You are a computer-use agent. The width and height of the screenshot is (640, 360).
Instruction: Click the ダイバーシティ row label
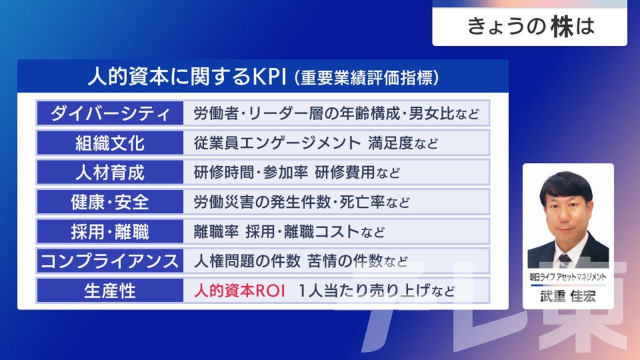click(x=110, y=113)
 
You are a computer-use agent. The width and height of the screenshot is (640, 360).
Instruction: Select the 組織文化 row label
click(x=110, y=143)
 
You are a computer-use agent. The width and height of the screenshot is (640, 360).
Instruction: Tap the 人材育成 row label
click(x=110, y=172)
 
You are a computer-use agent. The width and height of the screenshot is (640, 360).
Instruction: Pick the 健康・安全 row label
click(x=110, y=202)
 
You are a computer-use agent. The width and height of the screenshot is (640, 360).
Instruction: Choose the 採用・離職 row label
click(x=110, y=231)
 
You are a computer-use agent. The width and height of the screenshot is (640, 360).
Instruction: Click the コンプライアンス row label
click(x=110, y=261)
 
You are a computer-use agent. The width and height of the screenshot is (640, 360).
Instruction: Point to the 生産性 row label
click(x=110, y=291)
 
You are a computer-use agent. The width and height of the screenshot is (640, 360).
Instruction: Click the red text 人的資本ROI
click(x=239, y=291)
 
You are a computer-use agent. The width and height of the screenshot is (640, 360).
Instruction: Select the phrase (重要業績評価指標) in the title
click(x=366, y=77)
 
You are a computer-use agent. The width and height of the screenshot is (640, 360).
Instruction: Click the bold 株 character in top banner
click(x=562, y=26)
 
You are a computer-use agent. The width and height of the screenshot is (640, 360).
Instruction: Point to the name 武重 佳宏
click(x=568, y=296)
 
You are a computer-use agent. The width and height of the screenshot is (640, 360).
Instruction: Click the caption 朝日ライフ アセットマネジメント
click(x=568, y=277)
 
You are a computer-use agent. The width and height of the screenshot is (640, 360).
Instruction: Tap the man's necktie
click(x=564, y=261)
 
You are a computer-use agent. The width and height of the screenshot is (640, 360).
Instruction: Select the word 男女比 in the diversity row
click(x=431, y=113)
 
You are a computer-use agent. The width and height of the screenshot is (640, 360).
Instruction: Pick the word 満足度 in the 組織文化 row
click(x=390, y=143)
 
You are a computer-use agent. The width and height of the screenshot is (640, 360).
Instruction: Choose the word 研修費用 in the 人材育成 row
click(x=344, y=172)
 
